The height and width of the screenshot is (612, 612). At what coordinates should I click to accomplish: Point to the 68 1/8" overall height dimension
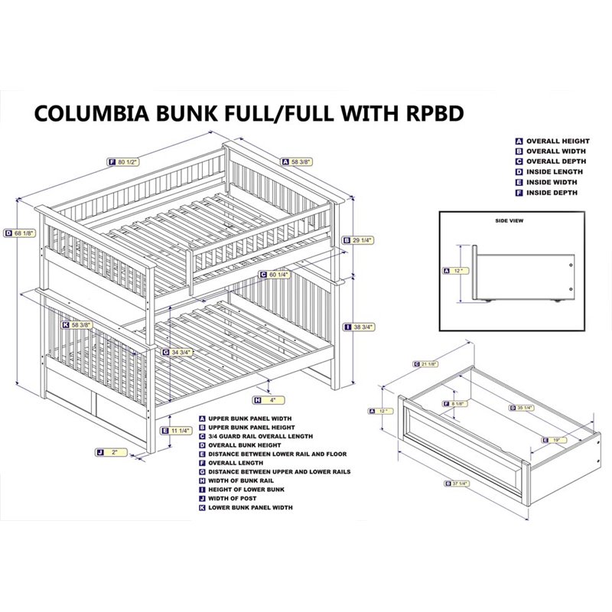click(20, 233)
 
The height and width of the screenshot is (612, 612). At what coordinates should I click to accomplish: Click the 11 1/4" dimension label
click(181, 431)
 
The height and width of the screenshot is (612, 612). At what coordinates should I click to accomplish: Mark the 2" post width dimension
click(111, 453)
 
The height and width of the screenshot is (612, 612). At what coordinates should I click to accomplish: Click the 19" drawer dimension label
click(555, 440)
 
